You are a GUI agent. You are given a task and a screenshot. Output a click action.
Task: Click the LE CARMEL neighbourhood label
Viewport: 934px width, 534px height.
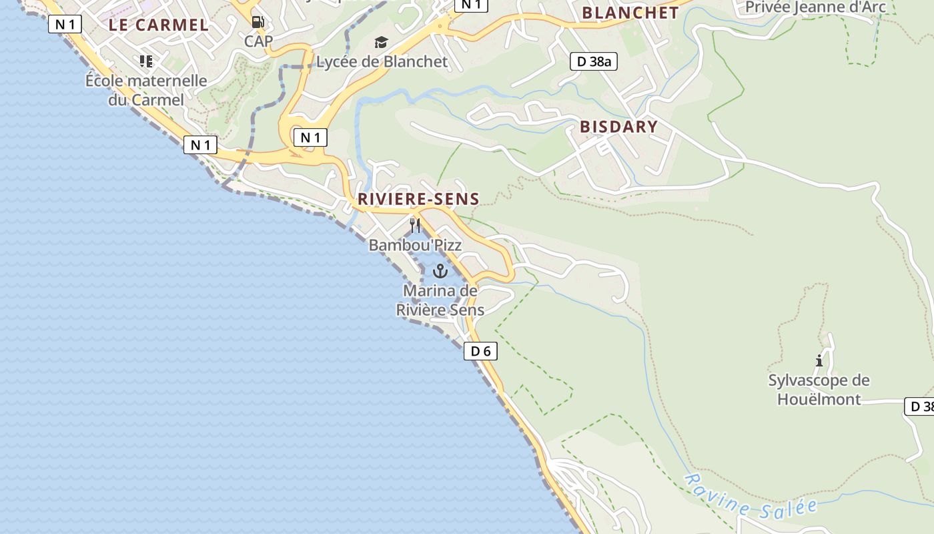pyautogui.click(x=159, y=25)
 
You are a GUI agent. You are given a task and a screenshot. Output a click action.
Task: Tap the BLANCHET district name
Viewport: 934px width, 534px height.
pyautogui.click(x=630, y=13)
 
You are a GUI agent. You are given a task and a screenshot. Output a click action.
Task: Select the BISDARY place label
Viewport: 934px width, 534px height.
pyautogui.click(x=618, y=126)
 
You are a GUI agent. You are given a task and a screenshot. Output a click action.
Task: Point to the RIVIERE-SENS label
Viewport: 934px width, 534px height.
pyautogui.click(x=418, y=198)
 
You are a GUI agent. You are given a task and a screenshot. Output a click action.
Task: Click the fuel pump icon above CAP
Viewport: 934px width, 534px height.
pyautogui.click(x=258, y=22)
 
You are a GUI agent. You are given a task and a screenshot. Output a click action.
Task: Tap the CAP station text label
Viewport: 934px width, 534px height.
pyautogui.click(x=258, y=41)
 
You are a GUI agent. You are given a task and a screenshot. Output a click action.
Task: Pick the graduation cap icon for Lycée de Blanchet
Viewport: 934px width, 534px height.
pyautogui.click(x=381, y=43)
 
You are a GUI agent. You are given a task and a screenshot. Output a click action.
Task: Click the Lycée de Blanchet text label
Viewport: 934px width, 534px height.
pyautogui.click(x=382, y=62)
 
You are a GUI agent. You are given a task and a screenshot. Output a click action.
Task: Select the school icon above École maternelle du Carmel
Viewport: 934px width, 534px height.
pyautogui.click(x=146, y=61)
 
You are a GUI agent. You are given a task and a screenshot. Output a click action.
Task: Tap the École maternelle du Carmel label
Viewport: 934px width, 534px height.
pyautogui.click(x=146, y=90)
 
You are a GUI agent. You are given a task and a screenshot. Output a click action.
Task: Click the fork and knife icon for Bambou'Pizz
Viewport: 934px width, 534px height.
pyautogui.click(x=415, y=225)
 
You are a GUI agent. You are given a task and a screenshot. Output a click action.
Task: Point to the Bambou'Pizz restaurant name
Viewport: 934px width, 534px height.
pyautogui.click(x=415, y=245)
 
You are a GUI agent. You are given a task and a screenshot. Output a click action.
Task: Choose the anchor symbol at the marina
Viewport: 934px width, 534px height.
pyautogui.click(x=440, y=270)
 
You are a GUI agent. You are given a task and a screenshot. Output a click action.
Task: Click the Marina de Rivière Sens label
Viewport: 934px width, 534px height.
pyautogui.click(x=440, y=300)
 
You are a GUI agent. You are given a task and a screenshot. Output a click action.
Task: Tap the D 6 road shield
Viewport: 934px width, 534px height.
pyautogui.click(x=480, y=351)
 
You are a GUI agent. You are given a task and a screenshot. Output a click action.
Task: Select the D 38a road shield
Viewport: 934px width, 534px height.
pyautogui.click(x=594, y=62)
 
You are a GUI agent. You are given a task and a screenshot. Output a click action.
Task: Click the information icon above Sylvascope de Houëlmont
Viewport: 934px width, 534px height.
pyautogui.click(x=819, y=361)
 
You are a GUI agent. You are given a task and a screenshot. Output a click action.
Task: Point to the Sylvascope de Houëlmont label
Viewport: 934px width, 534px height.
pyautogui.click(x=819, y=390)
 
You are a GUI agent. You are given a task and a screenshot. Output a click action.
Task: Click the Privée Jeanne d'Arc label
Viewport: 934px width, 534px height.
pyautogui.click(x=815, y=7)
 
